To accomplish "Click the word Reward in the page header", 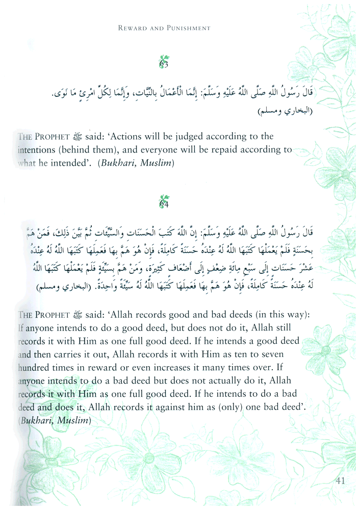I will pos(132,29).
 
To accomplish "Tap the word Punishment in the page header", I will pos(186,29).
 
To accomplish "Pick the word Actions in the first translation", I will pos(127,137).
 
